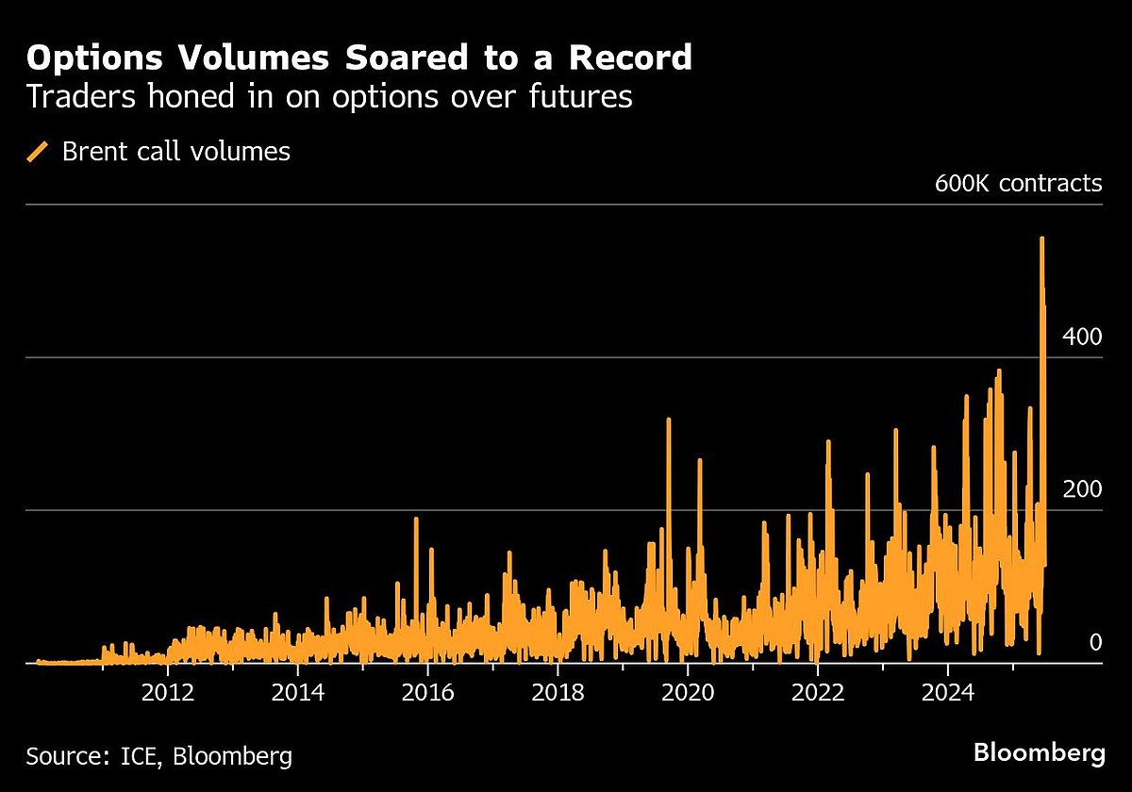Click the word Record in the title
(x=626, y=58)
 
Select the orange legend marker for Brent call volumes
(x=39, y=151)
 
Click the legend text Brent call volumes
(x=176, y=151)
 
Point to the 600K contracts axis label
(x=1018, y=183)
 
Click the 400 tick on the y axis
(x=1082, y=337)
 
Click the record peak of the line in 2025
(x=1041, y=239)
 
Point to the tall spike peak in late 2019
(x=668, y=421)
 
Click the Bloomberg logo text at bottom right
(x=1039, y=753)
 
